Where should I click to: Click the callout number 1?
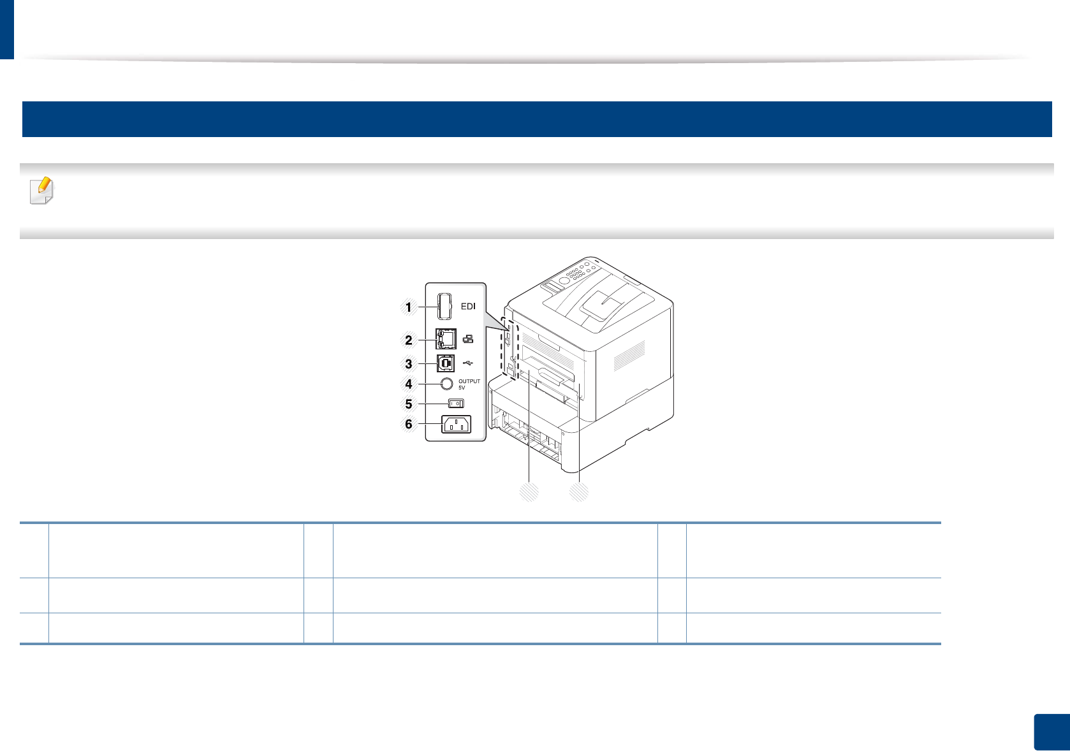[x=409, y=307]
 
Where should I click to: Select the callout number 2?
[x=409, y=340]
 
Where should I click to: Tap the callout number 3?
[x=409, y=365]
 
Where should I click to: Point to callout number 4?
[x=409, y=384]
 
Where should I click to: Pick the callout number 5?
[x=409, y=404]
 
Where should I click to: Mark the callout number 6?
[x=409, y=425]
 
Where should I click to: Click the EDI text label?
[x=468, y=307]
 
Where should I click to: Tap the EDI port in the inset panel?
[x=444, y=306]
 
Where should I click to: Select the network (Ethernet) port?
[x=445, y=339]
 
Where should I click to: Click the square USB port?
[x=445, y=363]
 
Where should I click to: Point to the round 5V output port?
[x=446, y=384]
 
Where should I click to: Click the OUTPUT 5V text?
[x=469, y=384]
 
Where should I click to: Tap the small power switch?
[x=456, y=404]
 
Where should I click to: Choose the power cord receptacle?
[x=456, y=424]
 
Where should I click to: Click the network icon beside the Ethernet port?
[x=468, y=339]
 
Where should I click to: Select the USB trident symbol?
[x=468, y=363]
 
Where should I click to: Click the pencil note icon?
[x=41, y=191]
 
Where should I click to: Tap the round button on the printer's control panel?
[x=564, y=280]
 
